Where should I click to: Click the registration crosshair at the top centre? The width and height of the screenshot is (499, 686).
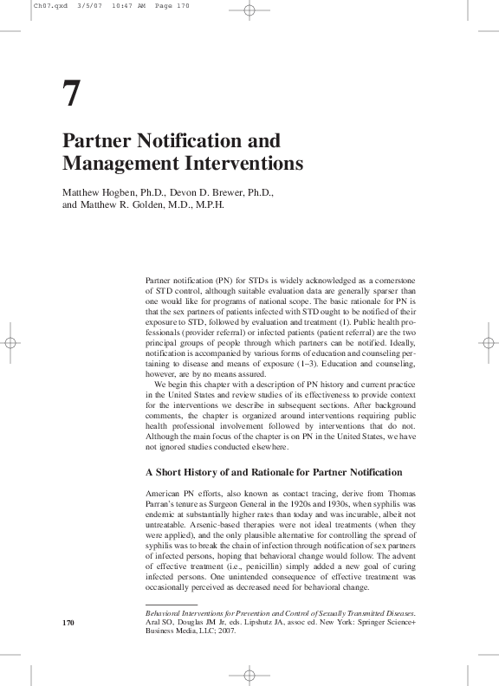(249, 11)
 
